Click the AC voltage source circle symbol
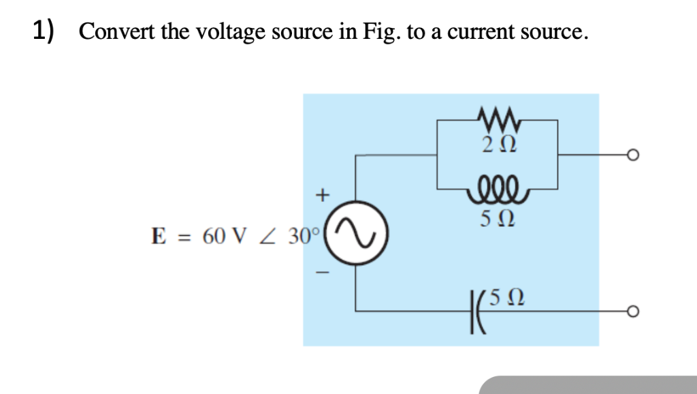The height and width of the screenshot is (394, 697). (x=354, y=235)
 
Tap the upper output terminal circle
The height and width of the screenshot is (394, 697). (x=632, y=155)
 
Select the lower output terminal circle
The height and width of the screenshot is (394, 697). (x=632, y=312)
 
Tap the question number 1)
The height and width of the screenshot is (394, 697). (x=46, y=31)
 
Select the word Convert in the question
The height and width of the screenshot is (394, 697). (x=118, y=31)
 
